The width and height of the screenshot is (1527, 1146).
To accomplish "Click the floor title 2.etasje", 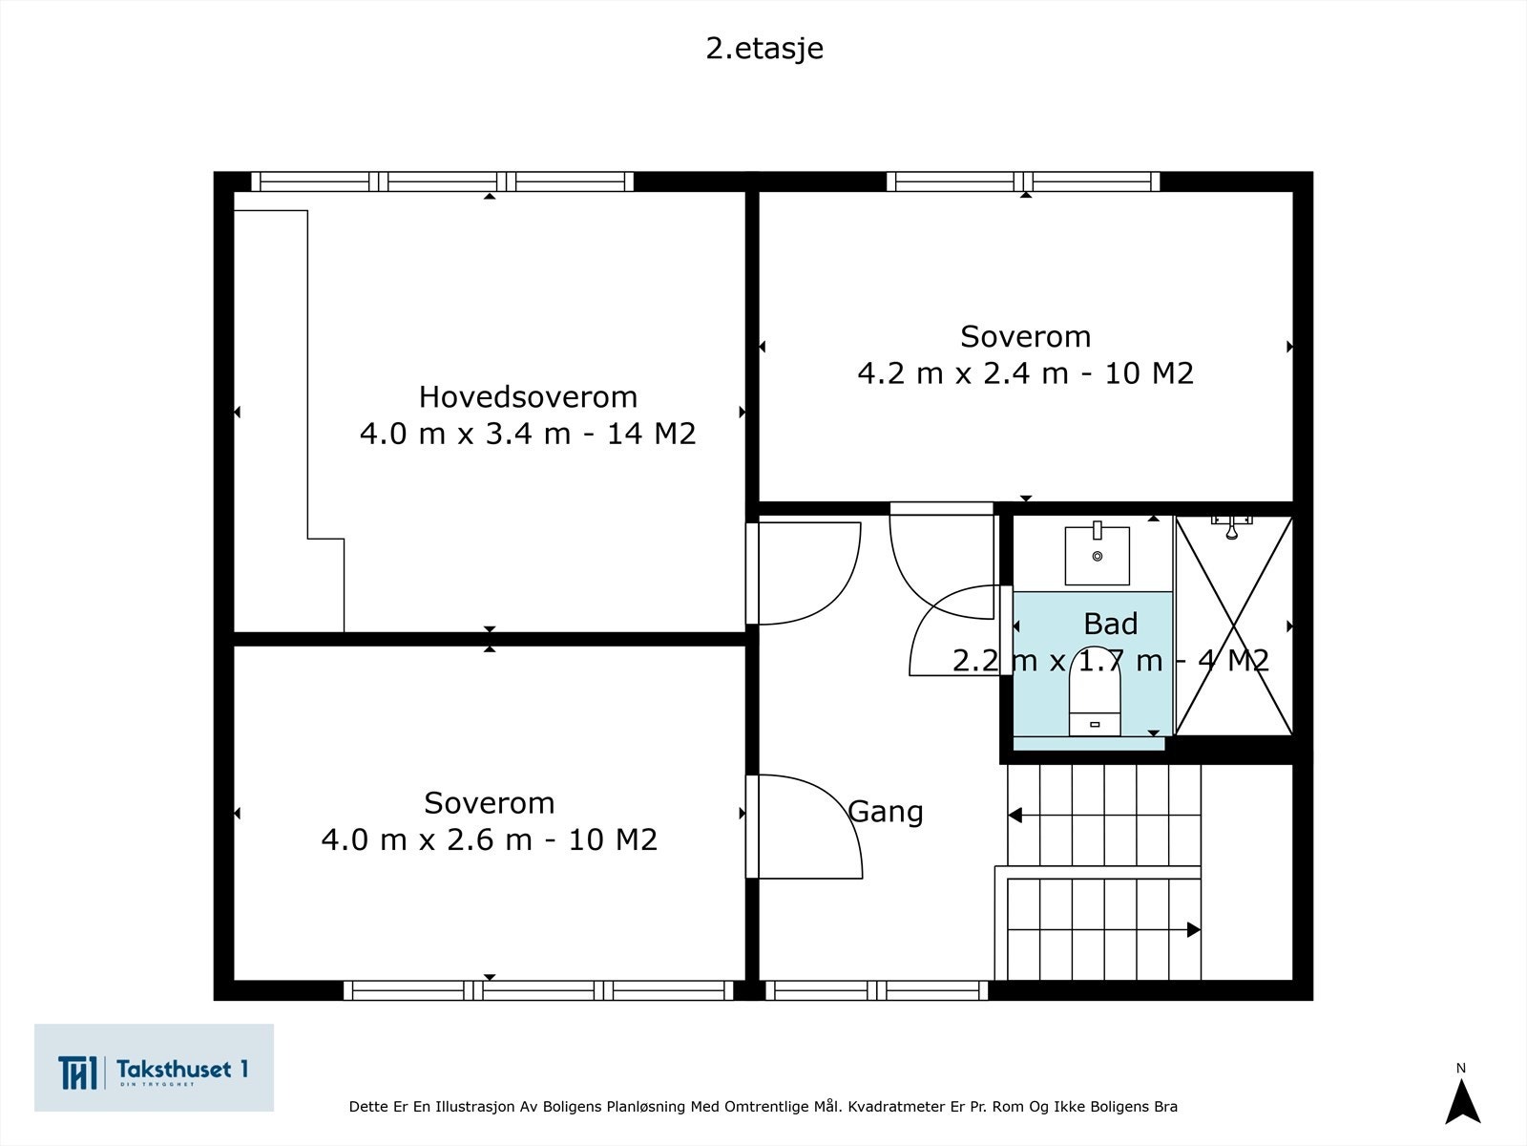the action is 764,49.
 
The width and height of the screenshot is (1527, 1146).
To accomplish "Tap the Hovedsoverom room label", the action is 528,397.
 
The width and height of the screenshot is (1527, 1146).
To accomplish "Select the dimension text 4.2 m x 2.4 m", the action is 963,373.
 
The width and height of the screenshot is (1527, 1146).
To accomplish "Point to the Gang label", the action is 886,812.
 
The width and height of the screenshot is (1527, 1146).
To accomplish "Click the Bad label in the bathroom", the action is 1110,624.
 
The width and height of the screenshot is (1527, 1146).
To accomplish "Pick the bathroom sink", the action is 1098,554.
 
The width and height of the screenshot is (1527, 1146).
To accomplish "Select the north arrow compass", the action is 1462,1101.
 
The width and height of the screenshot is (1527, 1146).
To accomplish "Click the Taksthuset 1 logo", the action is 154,1068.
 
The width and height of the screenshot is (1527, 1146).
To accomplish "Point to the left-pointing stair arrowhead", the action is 1015,815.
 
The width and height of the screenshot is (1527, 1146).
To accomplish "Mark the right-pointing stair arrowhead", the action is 1194,929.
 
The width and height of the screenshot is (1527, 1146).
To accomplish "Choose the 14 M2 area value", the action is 651,434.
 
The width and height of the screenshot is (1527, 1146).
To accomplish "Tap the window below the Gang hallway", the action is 876,990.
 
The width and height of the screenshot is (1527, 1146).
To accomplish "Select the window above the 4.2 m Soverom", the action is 1023,181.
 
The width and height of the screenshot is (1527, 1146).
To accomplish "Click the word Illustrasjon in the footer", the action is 474,1106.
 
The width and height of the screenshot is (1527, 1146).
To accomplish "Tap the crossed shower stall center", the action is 1233,626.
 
